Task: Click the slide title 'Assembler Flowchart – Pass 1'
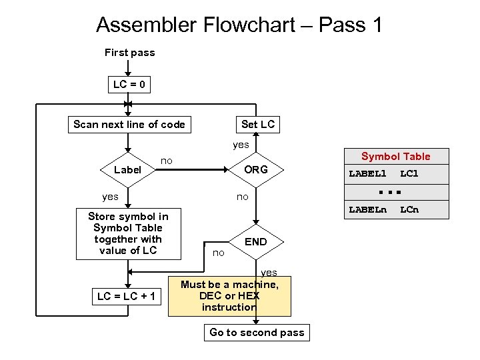coord(239,25)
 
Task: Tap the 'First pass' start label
coord(129,53)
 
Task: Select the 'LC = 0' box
coord(129,85)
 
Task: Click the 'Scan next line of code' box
coord(129,125)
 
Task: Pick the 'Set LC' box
coord(257,125)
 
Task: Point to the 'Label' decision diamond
coord(127,170)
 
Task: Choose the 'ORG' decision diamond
coord(256,170)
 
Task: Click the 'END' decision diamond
coord(256,242)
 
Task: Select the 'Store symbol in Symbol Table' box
coord(128,233)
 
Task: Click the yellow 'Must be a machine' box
coord(230,296)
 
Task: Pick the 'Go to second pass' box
coord(257,333)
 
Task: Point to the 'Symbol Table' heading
coord(395,157)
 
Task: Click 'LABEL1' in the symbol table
coord(367,174)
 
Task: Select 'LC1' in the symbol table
coord(409,174)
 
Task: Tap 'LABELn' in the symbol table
coord(367,211)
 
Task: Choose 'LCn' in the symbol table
coord(409,211)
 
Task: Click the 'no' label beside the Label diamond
coord(167,161)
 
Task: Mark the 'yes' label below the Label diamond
coord(110,197)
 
